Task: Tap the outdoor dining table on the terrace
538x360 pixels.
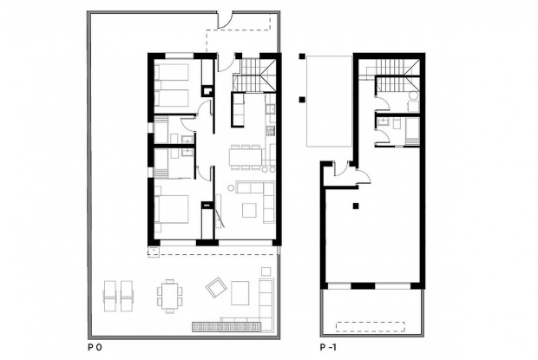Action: click(x=171, y=294)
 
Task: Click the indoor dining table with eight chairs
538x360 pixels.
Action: click(x=245, y=156)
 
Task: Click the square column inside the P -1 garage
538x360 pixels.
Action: click(x=355, y=206)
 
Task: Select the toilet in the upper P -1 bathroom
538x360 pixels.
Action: click(x=413, y=96)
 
